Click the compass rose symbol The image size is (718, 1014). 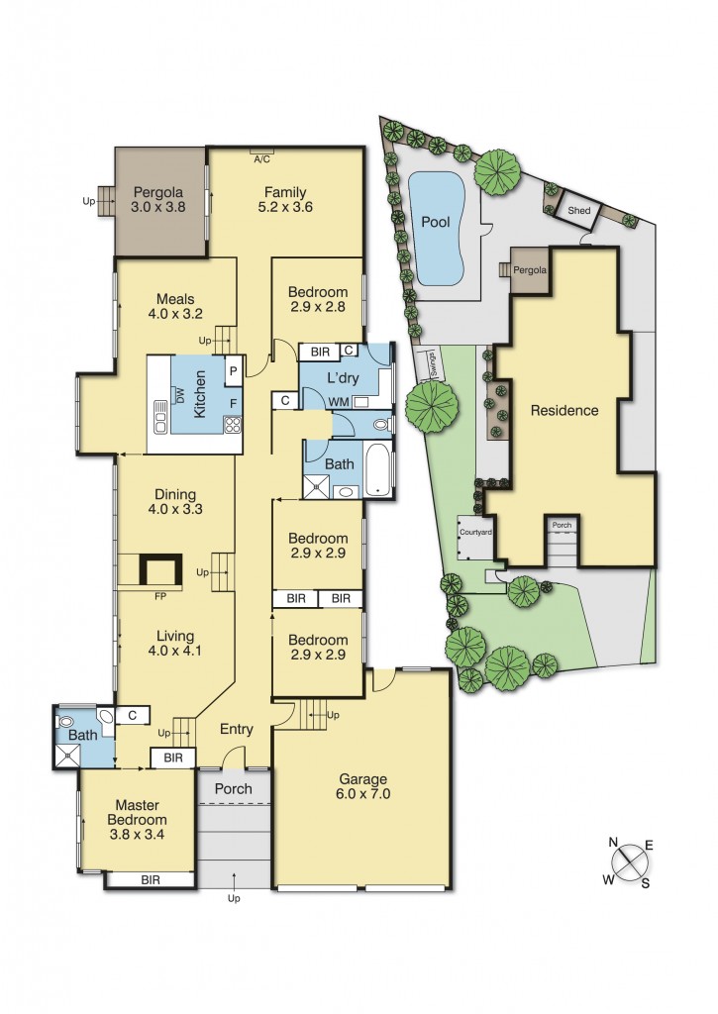628,862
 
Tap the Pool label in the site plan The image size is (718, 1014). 436,222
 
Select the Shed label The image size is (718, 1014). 579,210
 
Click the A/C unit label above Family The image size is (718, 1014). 262,158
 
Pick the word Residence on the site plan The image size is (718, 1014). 564,410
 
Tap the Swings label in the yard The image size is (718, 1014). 431,364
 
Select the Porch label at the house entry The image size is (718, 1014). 234,788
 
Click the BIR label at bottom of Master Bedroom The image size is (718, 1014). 151,878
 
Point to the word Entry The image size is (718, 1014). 237,729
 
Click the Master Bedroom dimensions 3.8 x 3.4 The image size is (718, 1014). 138,835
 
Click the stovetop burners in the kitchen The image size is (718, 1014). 233,426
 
